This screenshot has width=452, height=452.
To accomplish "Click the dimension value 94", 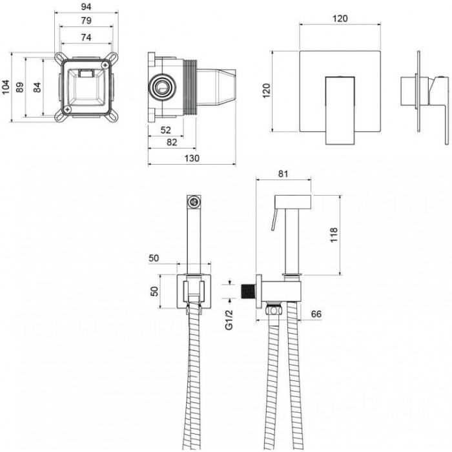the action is [86, 6].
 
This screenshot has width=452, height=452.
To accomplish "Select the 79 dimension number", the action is [86, 21].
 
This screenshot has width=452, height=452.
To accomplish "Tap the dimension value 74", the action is [86, 37].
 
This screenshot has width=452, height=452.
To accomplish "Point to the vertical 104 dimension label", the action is [6, 87].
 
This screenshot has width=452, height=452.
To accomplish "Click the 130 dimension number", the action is [192, 158].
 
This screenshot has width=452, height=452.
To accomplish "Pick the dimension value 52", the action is [166, 130].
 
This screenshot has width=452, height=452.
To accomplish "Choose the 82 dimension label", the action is [172, 142].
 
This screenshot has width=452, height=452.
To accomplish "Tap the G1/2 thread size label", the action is [229, 320].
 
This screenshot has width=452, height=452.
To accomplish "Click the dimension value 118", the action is [334, 235].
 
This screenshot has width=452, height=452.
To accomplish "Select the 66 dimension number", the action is [316, 314].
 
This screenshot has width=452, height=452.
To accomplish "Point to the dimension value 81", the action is [283, 174].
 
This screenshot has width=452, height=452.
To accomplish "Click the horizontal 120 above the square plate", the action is [340, 19].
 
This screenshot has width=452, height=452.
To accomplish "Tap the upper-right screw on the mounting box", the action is [105, 65].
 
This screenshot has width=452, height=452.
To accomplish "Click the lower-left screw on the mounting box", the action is [68, 109].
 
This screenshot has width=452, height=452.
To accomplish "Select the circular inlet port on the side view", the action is [162, 87].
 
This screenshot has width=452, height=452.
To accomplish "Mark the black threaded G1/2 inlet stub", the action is [249, 291].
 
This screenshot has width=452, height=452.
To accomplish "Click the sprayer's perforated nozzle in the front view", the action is [194, 202].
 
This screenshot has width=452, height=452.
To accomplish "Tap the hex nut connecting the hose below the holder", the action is [274, 309].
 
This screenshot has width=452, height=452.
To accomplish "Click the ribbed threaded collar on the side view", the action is [190, 87].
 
